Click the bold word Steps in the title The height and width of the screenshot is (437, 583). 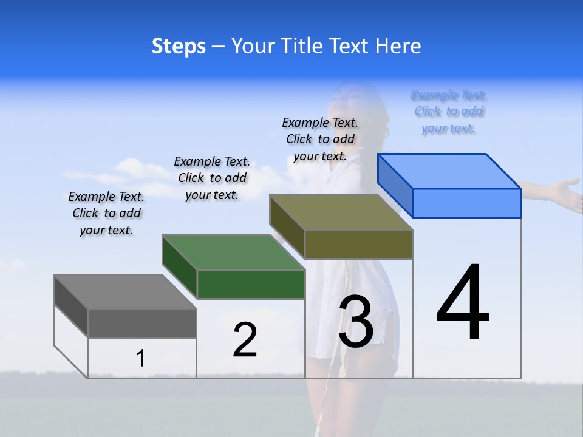coord(179,46)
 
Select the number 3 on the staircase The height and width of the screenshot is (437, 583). coord(356,322)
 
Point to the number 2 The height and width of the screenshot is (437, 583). coord(245,340)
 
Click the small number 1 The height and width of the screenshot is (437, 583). coord(140,358)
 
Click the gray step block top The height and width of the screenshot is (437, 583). coord(124,291)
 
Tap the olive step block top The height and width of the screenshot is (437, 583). coord(341,212)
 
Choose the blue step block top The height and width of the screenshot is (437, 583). coord(449,171)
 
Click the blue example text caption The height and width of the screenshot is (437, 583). coord(449,112)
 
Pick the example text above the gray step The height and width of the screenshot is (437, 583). coord(106,213)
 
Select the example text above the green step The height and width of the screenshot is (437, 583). coord(212,178)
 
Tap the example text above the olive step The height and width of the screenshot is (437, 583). coord(320,139)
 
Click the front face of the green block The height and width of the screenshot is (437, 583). coord(251,284)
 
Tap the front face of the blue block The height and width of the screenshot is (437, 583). coord(466,203)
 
